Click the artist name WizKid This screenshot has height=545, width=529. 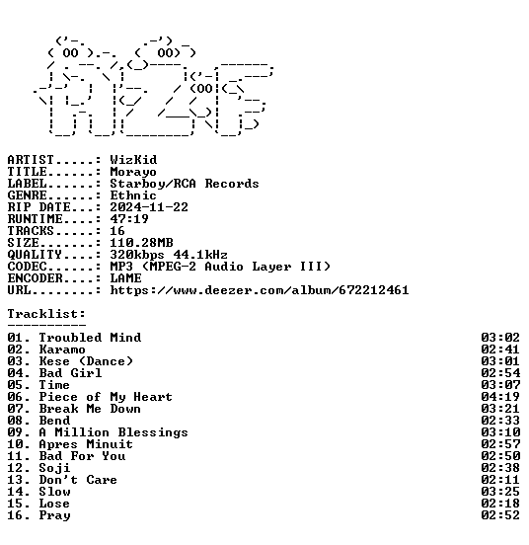pos(133,160)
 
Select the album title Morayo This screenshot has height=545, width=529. pos(133,172)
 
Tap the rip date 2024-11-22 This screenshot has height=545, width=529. pos(149,207)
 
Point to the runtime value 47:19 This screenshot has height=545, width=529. pos(129,219)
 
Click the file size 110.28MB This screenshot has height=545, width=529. pos(141,243)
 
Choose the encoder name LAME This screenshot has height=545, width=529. pos(125,278)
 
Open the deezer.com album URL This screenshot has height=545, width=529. pos(260,290)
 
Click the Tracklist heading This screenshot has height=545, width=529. pos(46,314)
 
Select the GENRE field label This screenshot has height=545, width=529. pos(27,195)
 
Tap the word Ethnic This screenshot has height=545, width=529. pos(133,195)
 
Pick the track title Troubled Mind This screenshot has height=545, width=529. pos(90,338)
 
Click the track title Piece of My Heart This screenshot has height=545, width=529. pos(106,397)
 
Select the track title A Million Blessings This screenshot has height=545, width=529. pos(113,432)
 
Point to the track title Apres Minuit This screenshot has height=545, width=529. pos(86,444)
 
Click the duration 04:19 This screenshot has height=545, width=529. pos(500,397)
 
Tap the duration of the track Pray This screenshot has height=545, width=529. pos(500,515)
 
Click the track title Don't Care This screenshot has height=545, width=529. pos(78,480)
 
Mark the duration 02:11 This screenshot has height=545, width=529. pos(500,480)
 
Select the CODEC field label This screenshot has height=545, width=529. pos(27,267)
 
